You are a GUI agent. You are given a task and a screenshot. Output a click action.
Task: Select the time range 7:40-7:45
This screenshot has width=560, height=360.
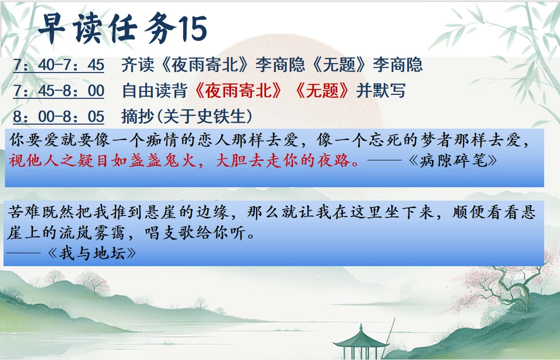click(x=59, y=65)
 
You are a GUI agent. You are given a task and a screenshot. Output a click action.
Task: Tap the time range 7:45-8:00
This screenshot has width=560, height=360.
click(x=59, y=91)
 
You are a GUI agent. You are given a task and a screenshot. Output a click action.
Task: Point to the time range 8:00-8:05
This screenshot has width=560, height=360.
click(x=59, y=116)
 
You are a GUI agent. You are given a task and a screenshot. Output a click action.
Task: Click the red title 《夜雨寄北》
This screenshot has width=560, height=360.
click(x=239, y=91)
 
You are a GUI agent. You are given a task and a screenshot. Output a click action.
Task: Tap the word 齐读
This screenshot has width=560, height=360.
click(x=138, y=65)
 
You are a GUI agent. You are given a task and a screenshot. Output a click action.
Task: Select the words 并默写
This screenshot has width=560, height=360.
click(x=381, y=91)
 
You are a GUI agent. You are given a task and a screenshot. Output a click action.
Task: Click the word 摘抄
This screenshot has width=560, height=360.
click(x=138, y=116)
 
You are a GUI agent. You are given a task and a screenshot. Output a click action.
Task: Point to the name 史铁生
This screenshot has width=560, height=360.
click(x=221, y=116)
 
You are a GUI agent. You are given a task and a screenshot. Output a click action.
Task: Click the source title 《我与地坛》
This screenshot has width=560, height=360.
click(x=92, y=254)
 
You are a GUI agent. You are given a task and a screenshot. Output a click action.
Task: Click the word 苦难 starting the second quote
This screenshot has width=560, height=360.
click(x=24, y=213)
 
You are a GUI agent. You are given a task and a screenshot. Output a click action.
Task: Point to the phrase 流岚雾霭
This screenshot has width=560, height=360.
click(x=92, y=233)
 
